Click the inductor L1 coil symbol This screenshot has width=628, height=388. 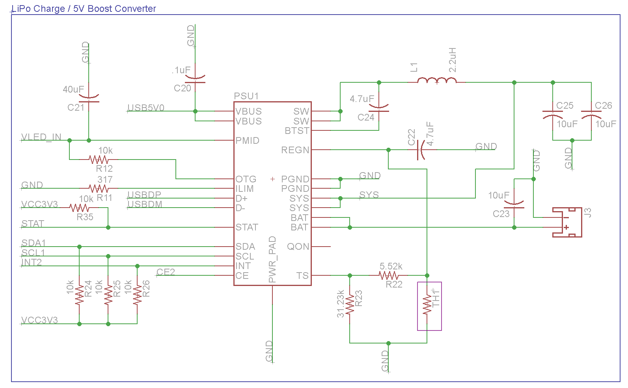pos(437,80)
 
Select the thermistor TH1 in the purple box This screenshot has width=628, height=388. pos(427,305)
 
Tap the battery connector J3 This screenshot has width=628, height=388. pos(567,222)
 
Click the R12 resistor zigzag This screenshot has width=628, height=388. pos(99,160)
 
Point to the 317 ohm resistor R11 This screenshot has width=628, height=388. pos(99,188)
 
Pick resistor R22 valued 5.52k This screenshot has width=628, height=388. pos(389,275)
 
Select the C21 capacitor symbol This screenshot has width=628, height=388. pos(89,98)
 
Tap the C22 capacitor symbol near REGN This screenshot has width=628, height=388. pos(421,150)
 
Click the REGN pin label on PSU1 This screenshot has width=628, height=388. pos(295,150)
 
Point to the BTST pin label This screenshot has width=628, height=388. pos(297,131)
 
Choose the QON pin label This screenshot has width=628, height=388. pos(298,247)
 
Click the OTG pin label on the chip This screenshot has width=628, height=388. pos(246,179)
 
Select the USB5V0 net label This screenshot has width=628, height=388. pos(146,108)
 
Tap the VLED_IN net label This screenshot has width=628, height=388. pos(41,137)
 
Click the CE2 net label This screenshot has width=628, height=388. pos(166,272)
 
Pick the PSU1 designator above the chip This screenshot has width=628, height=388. pos(246,96)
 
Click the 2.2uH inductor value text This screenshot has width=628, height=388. pos(453,60)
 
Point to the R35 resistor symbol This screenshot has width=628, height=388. pos(79,208)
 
